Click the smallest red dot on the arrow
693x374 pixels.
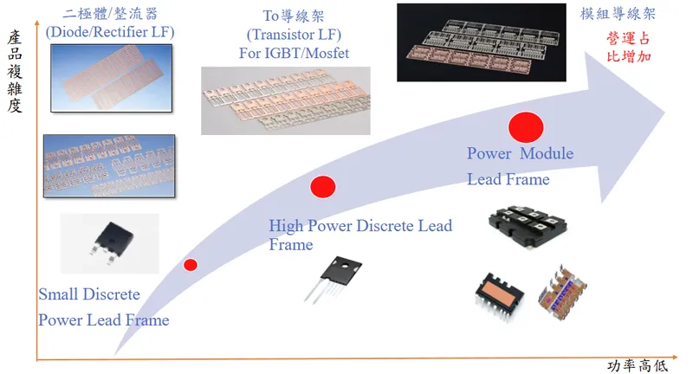click(191, 265)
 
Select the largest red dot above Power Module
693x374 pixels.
click(525, 128)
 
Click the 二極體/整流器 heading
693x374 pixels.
click(112, 15)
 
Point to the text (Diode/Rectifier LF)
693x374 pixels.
click(112, 33)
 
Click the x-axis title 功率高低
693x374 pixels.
click(638, 364)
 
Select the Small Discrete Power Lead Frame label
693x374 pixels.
click(103, 307)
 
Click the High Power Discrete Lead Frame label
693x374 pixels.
click(360, 235)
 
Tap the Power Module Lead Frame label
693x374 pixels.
click(520, 166)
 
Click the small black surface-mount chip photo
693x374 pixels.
click(110, 243)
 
